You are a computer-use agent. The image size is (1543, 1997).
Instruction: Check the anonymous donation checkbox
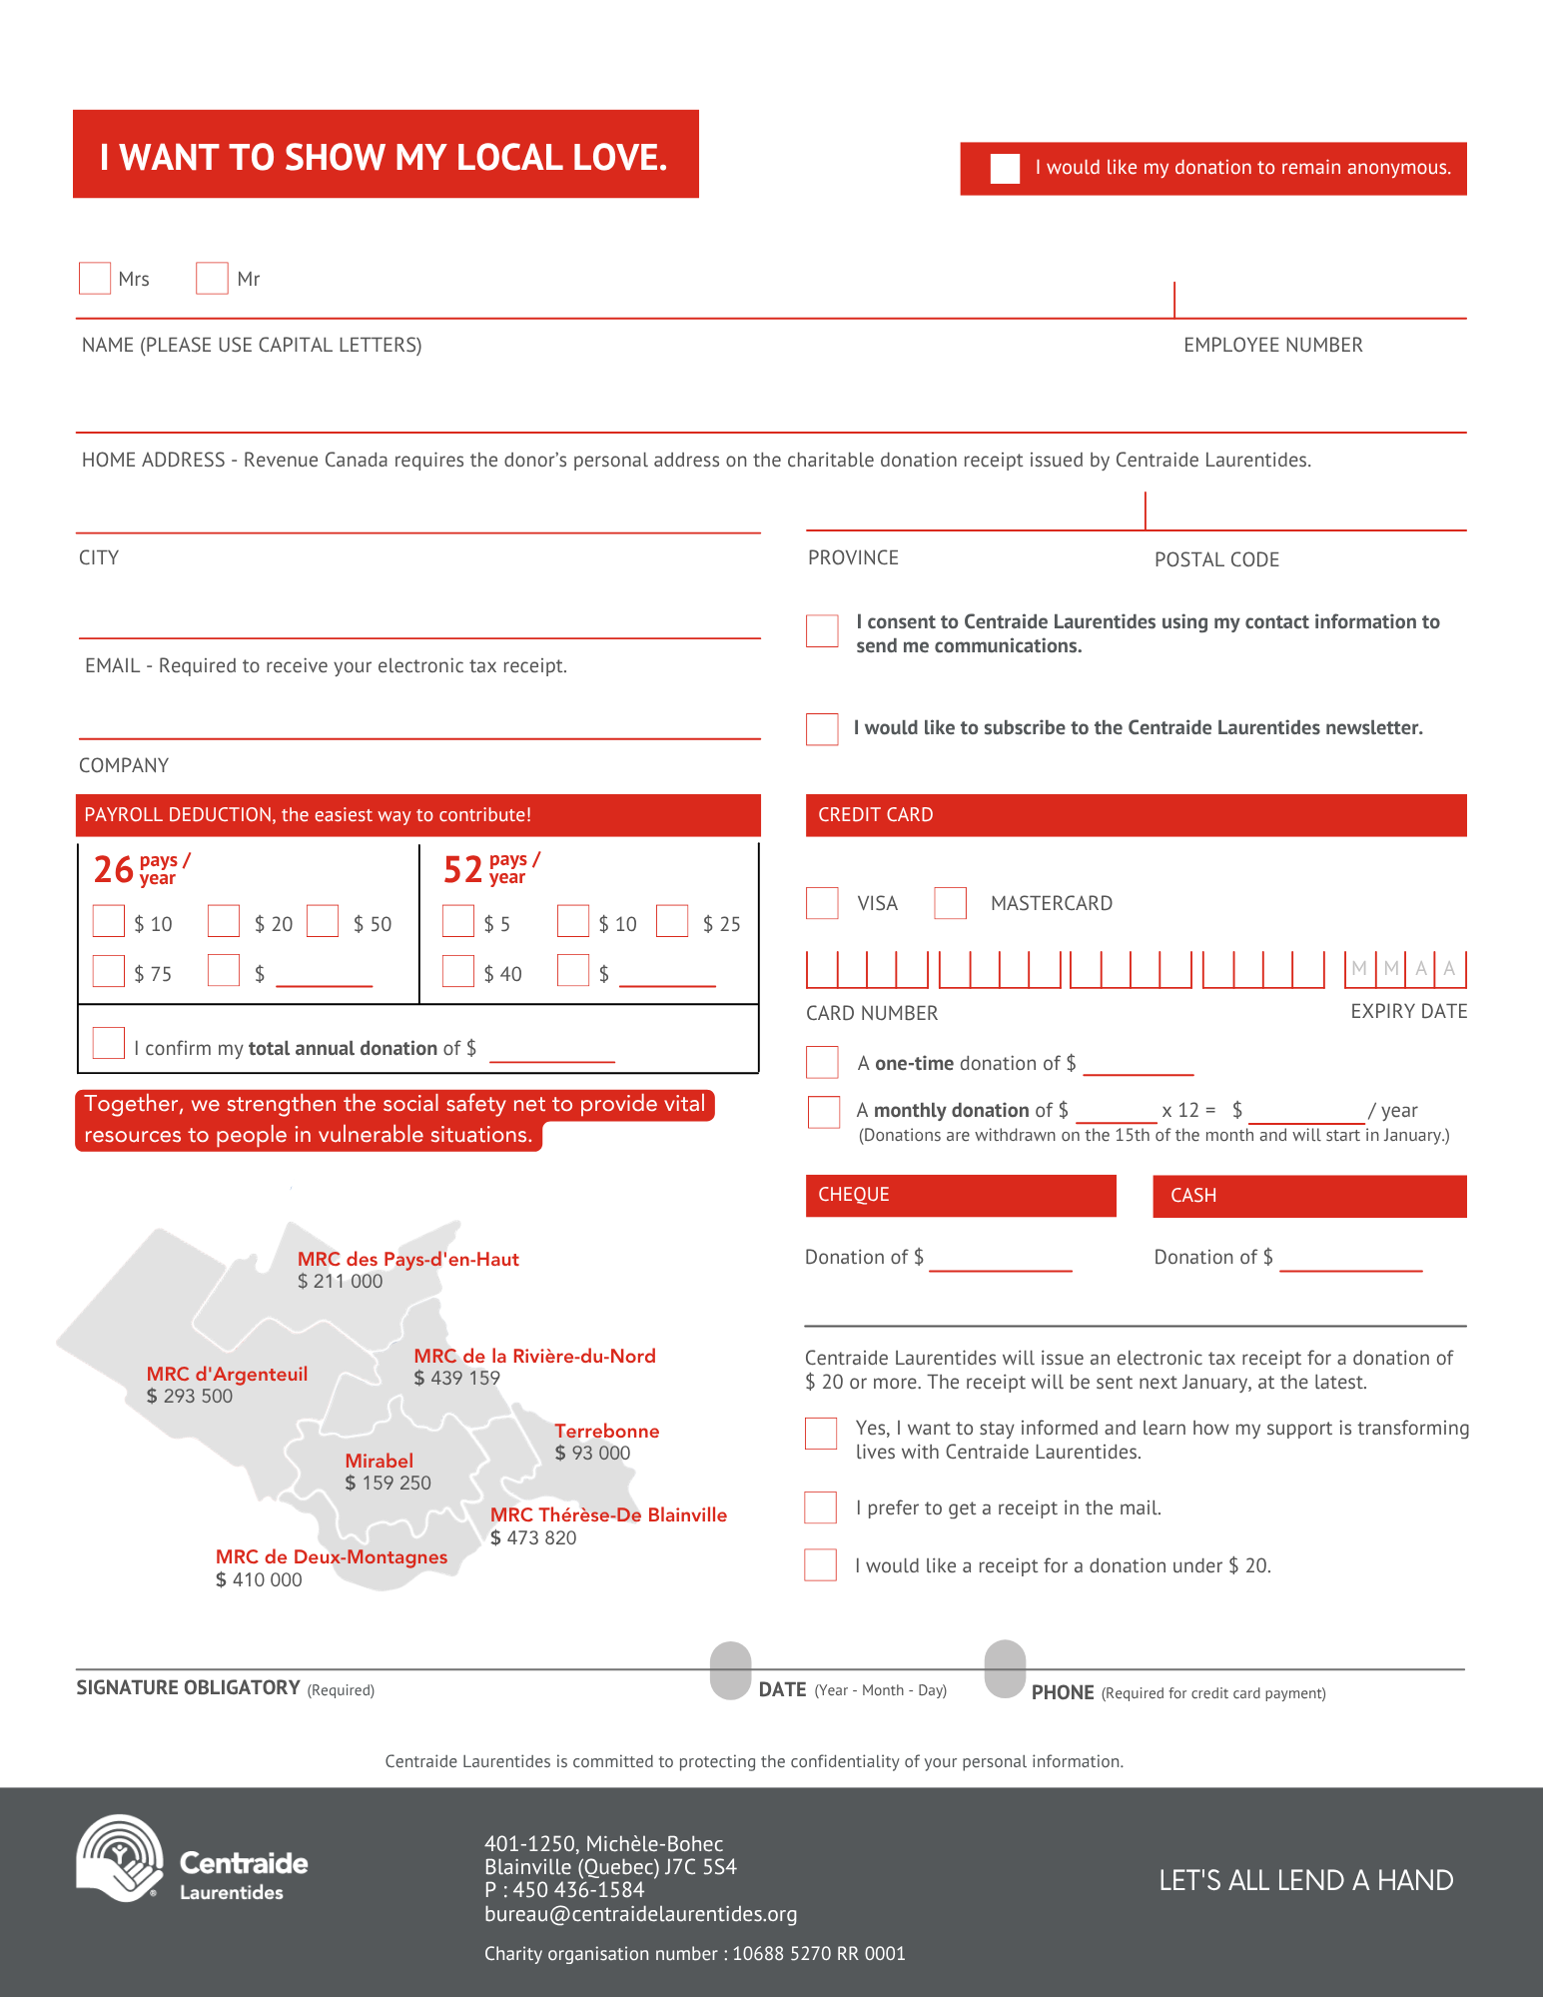coord(1005,168)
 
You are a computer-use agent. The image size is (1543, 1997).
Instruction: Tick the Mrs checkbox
coord(95,278)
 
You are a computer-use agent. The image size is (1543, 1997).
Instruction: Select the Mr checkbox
coord(212,278)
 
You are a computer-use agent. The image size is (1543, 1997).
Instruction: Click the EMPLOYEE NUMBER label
coord(1273,345)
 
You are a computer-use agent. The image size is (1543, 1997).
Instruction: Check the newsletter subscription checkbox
coord(822,728)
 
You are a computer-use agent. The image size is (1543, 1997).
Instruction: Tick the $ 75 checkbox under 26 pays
coord(108,970)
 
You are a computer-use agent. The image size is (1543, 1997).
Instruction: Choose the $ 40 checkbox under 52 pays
coord(457,970)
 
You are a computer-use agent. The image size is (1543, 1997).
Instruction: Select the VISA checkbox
coord(822,902)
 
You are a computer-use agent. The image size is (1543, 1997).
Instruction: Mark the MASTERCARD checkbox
coord(950,902)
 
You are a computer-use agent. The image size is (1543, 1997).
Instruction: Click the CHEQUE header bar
coord(961,1195)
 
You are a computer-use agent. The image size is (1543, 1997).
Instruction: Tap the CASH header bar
coord(1309,1196)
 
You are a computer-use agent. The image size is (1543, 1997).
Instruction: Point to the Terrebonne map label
coord(607,1431)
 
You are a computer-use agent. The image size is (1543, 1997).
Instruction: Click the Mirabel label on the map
coord(380,1461)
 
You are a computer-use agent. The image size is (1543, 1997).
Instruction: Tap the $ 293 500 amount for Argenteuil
coord(190,1396)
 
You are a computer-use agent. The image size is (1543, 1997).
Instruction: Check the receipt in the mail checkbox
coord(820,1506)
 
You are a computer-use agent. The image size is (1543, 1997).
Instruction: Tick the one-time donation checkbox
coord(822,1062)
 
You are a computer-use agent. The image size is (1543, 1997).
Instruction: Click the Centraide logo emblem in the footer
coord(120,1857)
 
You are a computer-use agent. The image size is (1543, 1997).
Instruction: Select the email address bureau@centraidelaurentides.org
coord(641,1914)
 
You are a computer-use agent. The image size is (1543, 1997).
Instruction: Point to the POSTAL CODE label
coord(1216,559)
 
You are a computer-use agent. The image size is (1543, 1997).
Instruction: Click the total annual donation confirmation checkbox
coord(108,1042)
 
